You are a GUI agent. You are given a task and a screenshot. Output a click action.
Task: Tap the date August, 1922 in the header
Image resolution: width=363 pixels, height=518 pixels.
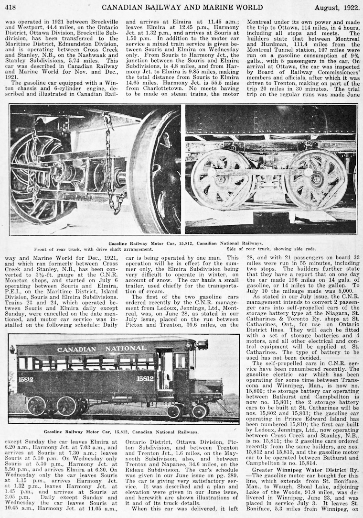(x=336, y=7)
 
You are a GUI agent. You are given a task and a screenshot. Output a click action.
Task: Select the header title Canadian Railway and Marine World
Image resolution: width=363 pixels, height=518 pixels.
(x=182, y=7)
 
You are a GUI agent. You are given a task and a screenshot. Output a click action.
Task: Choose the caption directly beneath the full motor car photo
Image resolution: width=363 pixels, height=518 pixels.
(x=121, y=431)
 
